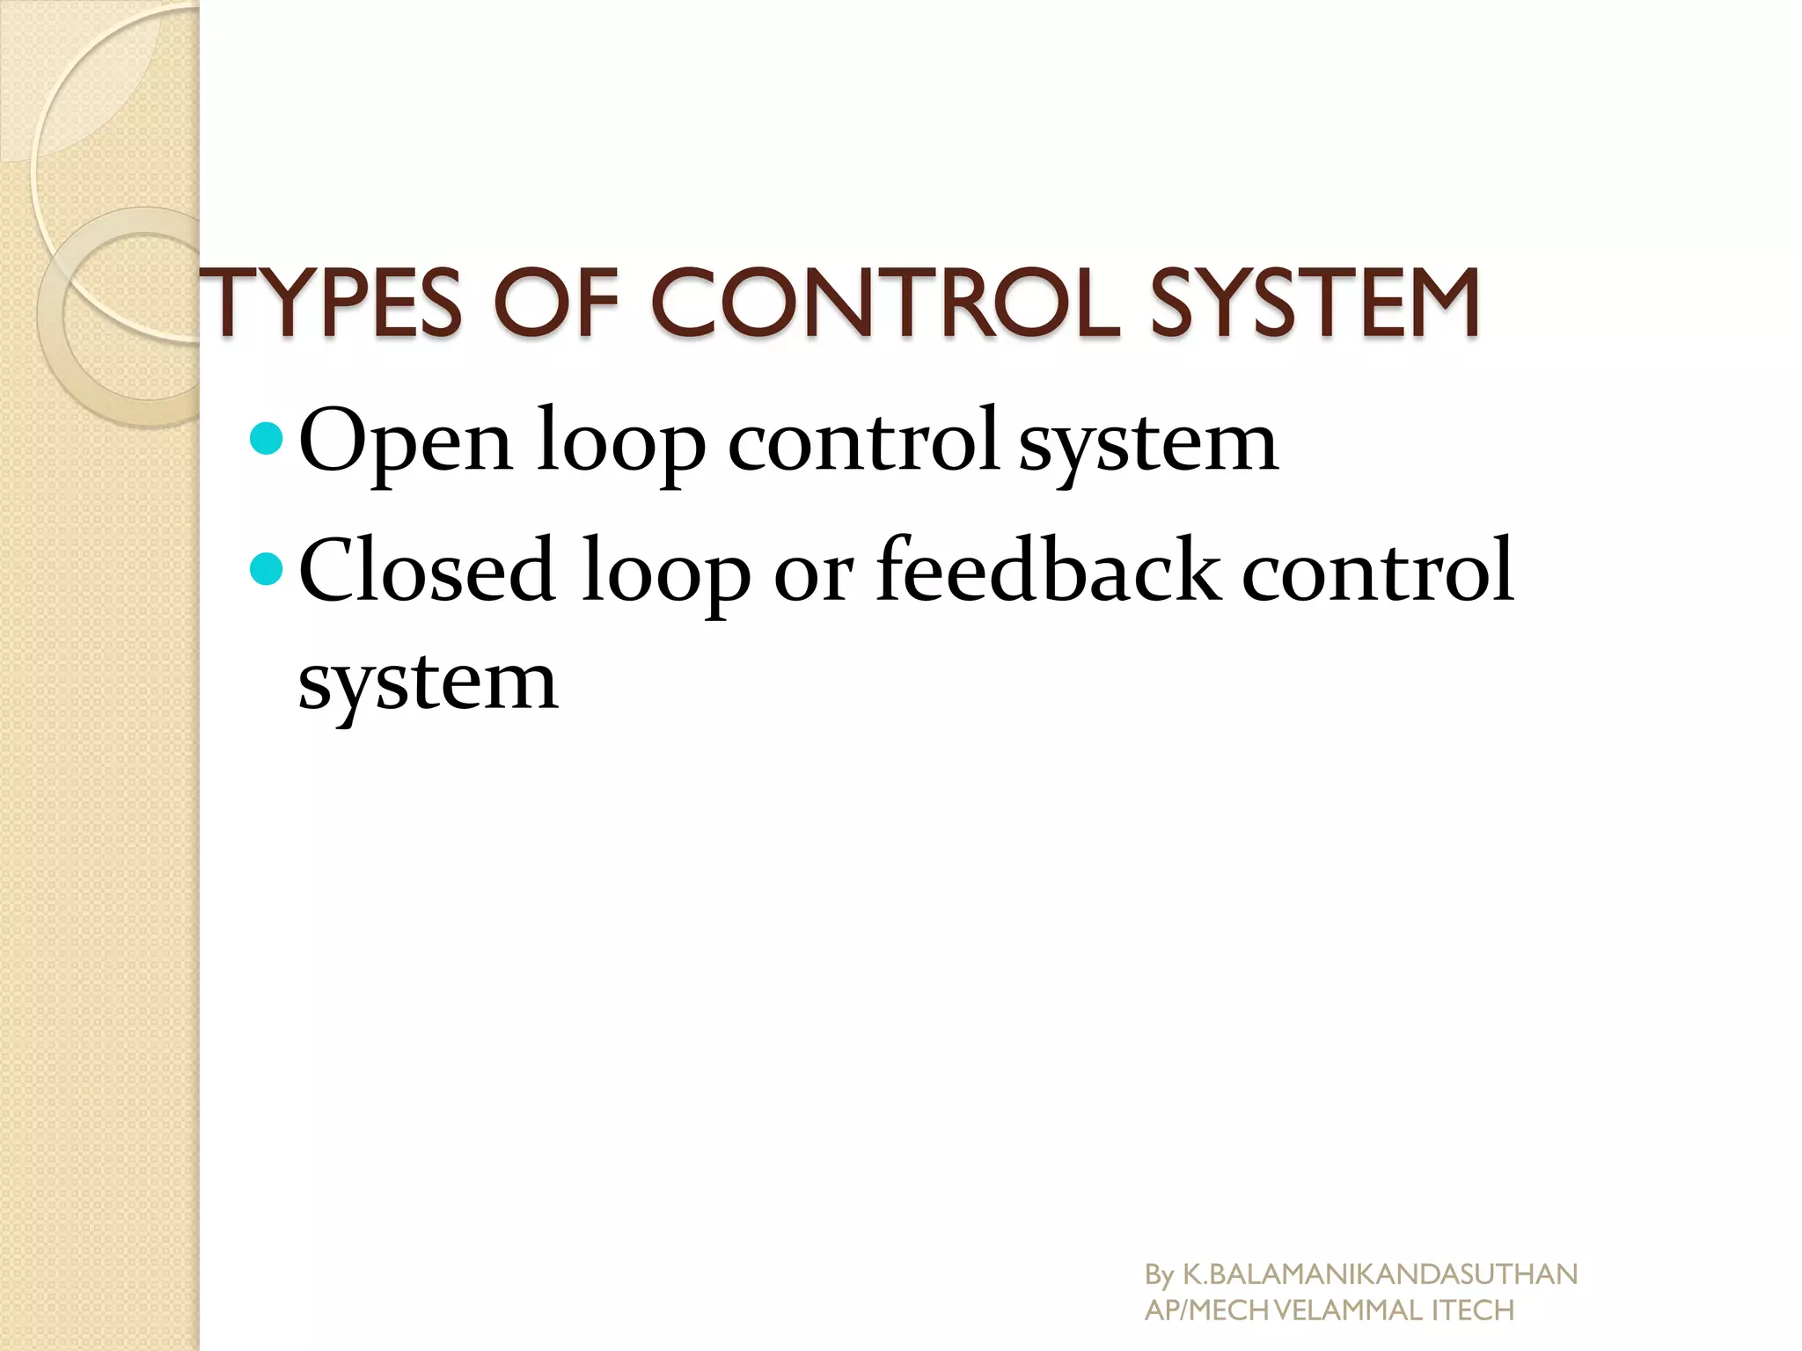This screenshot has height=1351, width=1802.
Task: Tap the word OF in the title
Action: click(x=563, y=303)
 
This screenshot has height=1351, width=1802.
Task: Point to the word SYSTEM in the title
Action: click(x=1315, y=303)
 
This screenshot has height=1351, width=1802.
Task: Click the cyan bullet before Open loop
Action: click(x=266, y=437)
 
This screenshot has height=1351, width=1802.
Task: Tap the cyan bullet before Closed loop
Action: click(x=266, y=569)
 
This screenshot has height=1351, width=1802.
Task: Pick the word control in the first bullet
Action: click(x=862, y=440)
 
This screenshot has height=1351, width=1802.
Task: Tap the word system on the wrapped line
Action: click(x=428, y=683)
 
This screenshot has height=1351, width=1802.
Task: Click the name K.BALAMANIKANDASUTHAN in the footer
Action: click(x=1380, y=1274)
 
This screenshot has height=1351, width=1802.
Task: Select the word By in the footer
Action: click(x=1159, y=1274)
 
